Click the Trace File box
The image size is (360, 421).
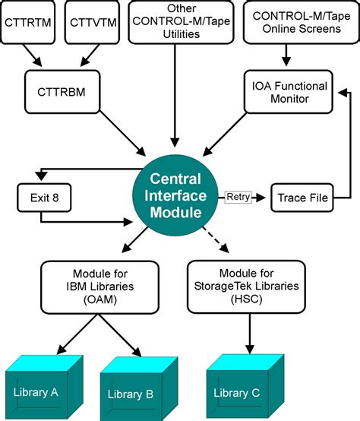(302, 198)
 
